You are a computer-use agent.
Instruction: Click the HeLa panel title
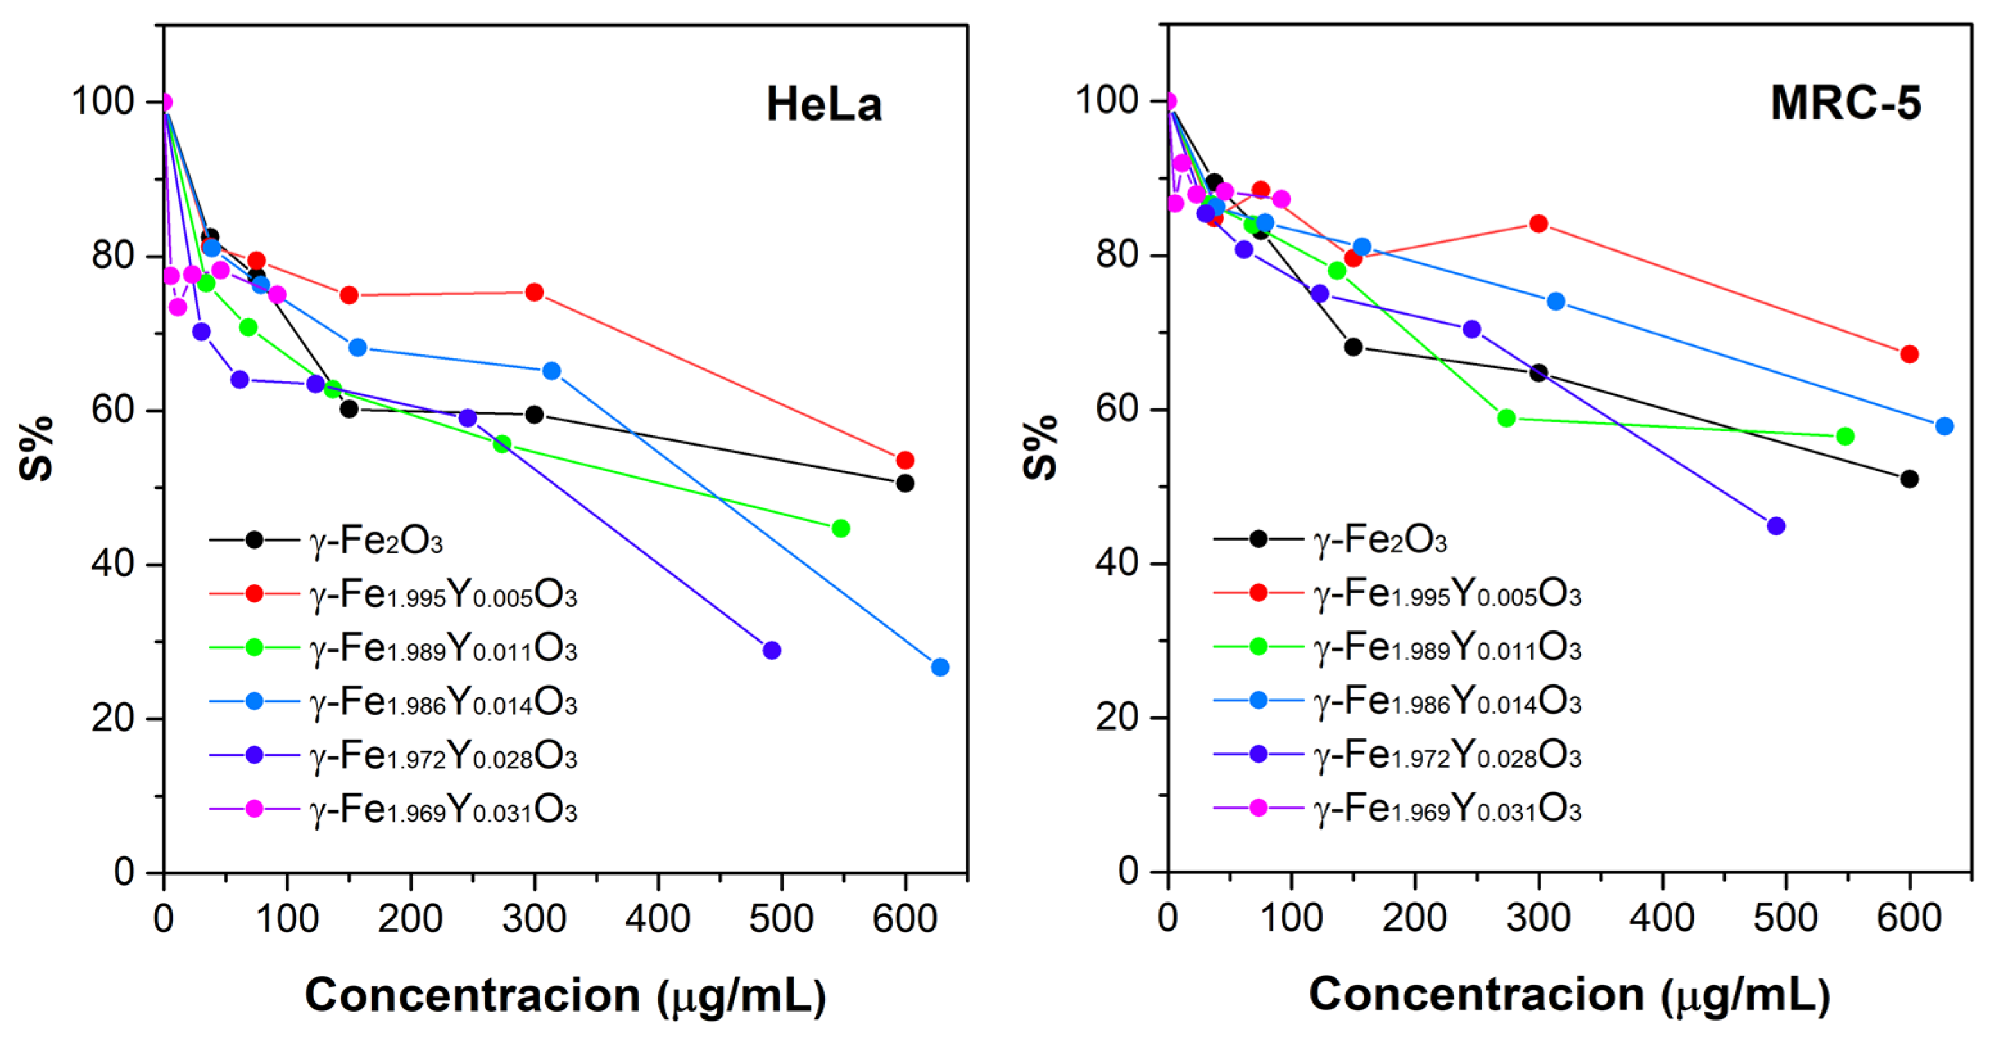click(823, 105)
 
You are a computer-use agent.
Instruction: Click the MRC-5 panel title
click(1846, 103)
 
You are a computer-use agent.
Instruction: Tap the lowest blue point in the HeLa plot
click(939, 668)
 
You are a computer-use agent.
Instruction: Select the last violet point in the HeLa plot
click(771, 650)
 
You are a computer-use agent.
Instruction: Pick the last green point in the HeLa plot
click(841, 528)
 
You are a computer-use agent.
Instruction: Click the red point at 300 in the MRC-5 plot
click(1538, 224)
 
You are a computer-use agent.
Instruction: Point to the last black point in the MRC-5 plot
click(1910, 480)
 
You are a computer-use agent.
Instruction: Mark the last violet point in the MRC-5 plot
click(1776, 526)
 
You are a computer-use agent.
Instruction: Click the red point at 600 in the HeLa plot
click(905, 460)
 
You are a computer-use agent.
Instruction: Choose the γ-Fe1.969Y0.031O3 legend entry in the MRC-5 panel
click(1447, 810)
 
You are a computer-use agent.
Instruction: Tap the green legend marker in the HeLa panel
click(255, 647)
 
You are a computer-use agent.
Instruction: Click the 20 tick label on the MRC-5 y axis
click(1116, 717)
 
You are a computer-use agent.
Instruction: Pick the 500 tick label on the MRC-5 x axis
click(1785, 919)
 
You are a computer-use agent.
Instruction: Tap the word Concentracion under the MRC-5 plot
click(1476, 994)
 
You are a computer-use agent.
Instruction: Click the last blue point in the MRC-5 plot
click(1944, 426)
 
